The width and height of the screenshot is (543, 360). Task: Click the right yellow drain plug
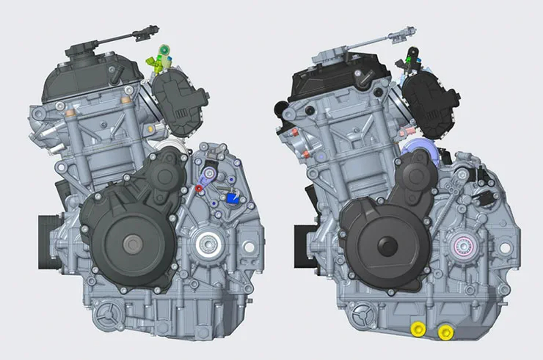click(446, 332)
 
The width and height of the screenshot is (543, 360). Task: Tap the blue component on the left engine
click(233, 198)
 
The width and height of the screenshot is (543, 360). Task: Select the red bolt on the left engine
click(199, 187)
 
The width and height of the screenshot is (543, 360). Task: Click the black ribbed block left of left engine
click(50, 242)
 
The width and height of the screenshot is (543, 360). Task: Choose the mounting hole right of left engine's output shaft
click(248, 247)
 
